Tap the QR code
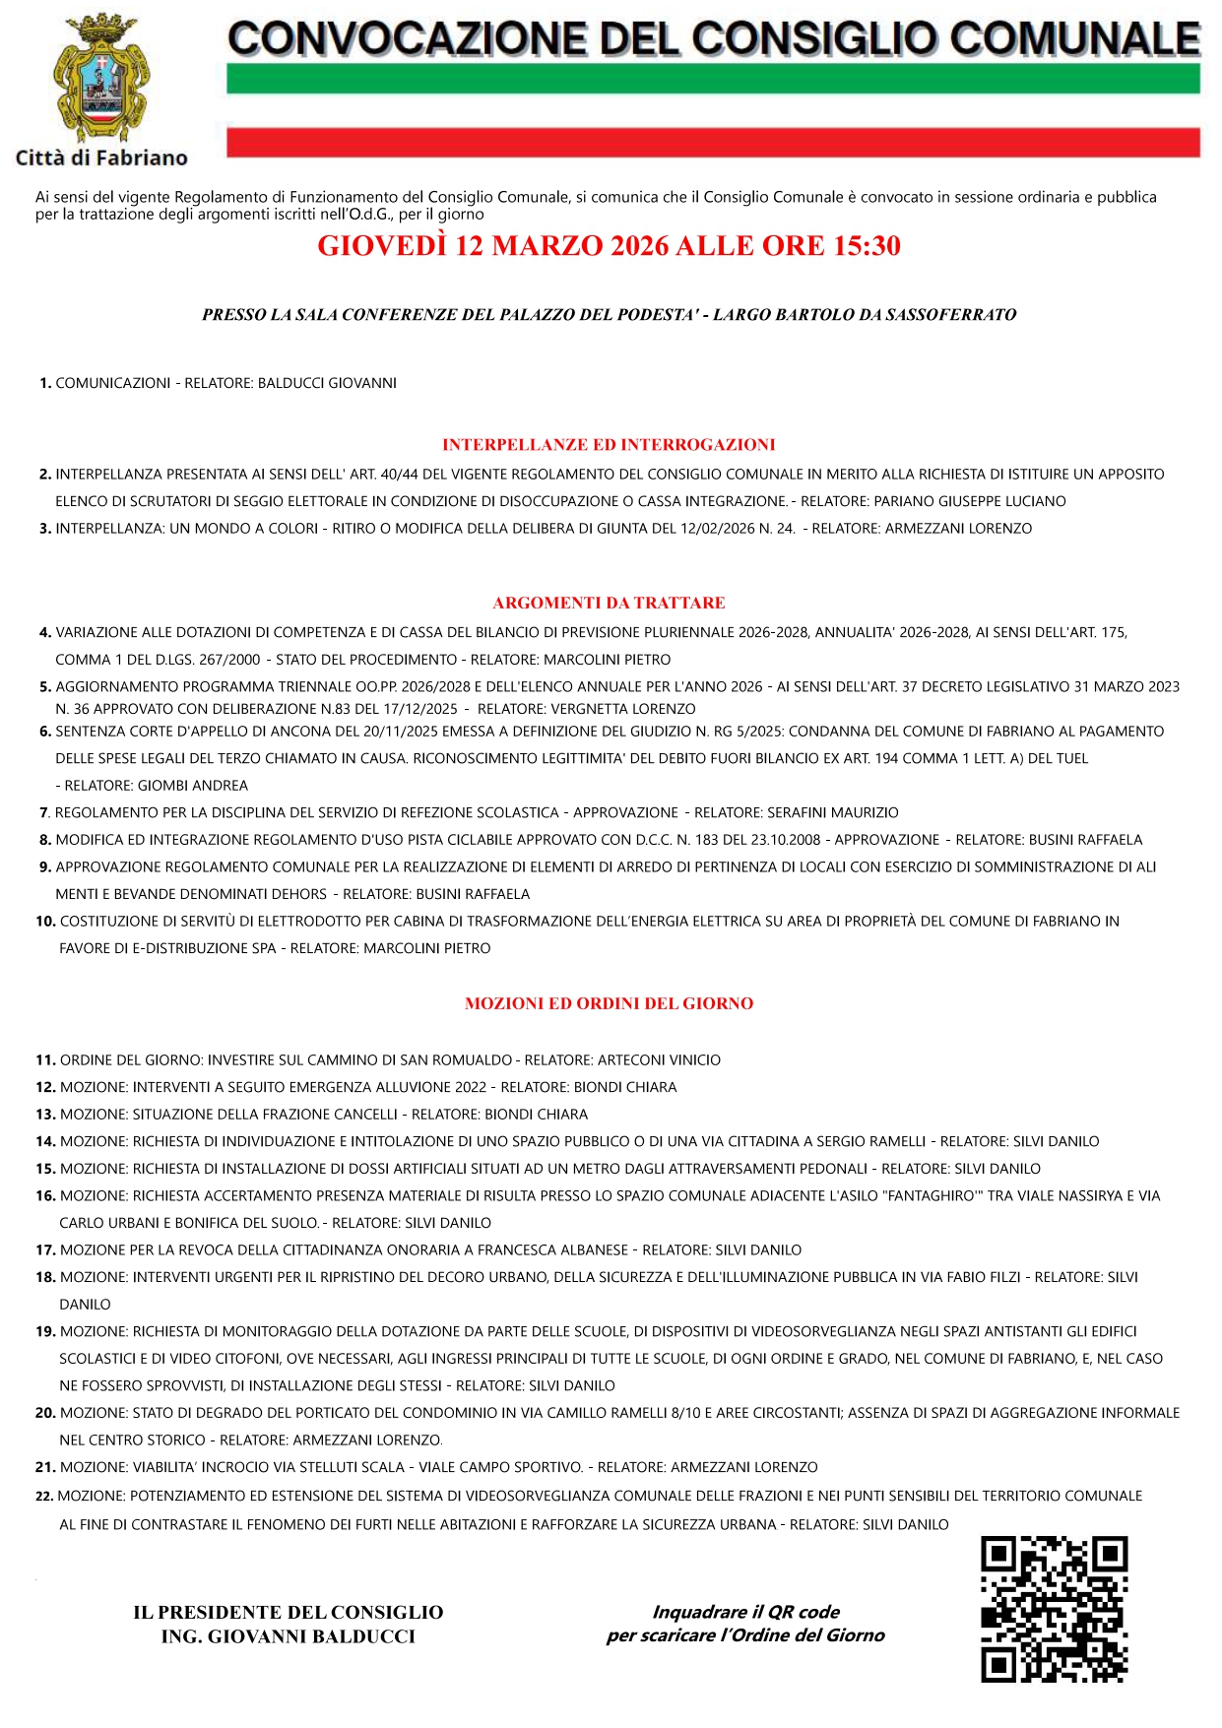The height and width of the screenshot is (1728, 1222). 1054,1609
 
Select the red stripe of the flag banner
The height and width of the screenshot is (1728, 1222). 712,142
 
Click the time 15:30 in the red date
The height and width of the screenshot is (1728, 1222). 867,246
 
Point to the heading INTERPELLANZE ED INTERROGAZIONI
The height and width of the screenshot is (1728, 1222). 609,445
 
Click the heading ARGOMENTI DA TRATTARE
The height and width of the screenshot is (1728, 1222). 609,603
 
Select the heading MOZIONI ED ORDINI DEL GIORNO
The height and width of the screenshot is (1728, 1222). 609,1003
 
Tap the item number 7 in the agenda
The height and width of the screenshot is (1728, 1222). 44,812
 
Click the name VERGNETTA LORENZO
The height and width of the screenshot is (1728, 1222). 623,709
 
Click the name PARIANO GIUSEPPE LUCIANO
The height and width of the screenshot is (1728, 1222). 970,501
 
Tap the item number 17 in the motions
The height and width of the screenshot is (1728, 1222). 45,1250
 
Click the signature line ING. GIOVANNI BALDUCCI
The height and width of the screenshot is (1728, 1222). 288,1636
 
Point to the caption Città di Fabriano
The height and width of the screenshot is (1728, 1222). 101,158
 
